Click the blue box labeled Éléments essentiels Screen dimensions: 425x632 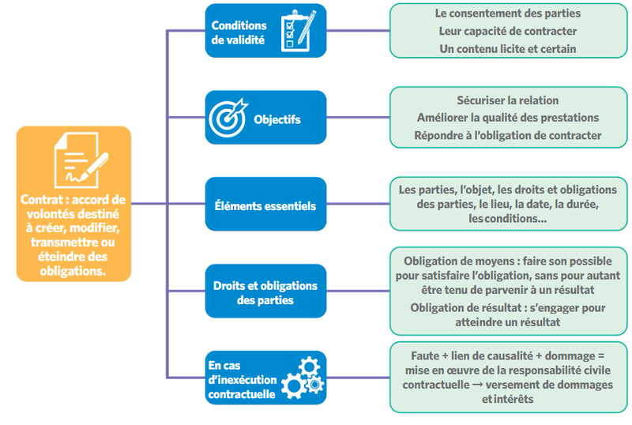[x=265, y=205]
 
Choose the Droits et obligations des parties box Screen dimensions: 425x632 [x=265, y=292]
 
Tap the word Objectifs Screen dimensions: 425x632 [x=276, y=120]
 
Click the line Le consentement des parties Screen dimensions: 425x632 [x=507, y=13]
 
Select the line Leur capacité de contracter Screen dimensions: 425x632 [x=507, y=31]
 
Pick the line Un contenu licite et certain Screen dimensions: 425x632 [x=507, y=48]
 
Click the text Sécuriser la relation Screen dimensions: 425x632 [x=507, y=100]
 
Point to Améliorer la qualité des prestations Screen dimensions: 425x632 [x=507, y=118]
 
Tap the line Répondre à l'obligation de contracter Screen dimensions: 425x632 [x=507, y=135]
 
